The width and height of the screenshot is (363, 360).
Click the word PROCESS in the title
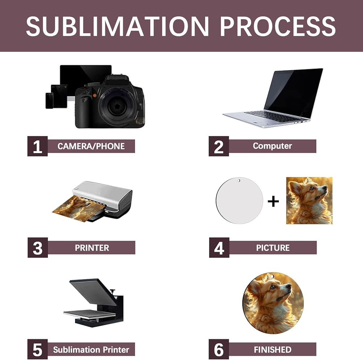click(278, 26)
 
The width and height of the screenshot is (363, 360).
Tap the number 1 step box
click(37, 146)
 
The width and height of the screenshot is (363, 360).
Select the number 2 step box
click(219, 146)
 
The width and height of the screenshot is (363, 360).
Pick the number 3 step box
click(37, 248)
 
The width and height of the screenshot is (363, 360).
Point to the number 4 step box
click(219, 248)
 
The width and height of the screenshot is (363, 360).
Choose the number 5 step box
click(37, 350)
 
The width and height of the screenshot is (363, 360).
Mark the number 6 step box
click(219, 350)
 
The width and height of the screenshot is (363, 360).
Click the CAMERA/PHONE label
click(91, 146)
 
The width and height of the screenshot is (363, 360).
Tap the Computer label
click(272, 146)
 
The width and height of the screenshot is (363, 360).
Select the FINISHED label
click(272, 350)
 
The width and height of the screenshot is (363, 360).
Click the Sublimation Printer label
click(91, 350)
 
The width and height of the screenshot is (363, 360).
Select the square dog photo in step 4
click(309, 200)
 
